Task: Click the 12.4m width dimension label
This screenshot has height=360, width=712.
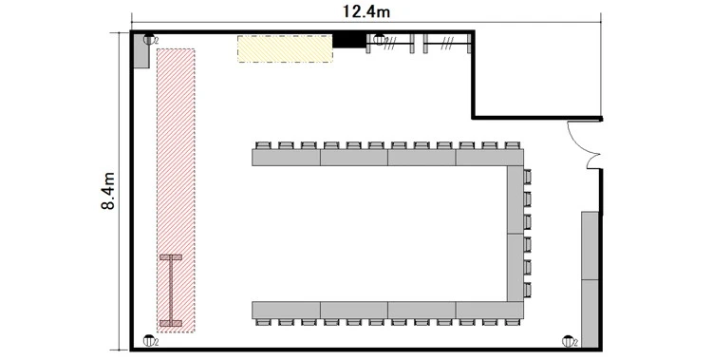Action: coord(366,11)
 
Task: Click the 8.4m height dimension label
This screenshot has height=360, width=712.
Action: coord(108,191)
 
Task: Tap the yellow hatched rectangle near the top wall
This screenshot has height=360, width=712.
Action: coord(285,48)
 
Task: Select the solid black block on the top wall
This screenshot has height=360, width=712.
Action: coord(349,40)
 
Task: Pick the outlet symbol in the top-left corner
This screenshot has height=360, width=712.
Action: coord(149,40)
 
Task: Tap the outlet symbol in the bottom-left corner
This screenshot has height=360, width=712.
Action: coord(149,340)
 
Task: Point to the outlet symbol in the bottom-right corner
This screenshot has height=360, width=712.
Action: coord(568,341)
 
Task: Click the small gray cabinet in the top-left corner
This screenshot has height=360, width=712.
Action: coord(141,50)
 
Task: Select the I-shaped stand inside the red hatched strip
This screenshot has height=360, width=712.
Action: coord(171,291)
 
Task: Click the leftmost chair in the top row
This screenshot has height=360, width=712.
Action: coord(263,145)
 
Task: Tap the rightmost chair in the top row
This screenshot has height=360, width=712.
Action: coord(513,145)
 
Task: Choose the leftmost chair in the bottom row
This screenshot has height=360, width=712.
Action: coord(263,322)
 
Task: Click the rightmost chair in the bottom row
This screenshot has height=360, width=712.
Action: coord(513,322)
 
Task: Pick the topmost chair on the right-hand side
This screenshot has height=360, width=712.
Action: coord(527,177)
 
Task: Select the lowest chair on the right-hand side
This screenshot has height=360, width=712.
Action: coord(527,290)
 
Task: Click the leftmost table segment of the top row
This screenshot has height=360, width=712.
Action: coord(286,158)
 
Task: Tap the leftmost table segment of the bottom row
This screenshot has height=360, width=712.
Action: coord(286,310)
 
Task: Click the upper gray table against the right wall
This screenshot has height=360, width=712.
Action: coord(590,245)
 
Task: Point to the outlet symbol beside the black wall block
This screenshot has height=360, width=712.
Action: coord(379,40)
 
